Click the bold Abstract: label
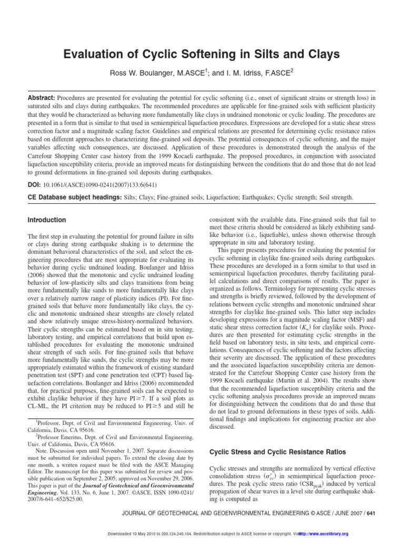[41, 98]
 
